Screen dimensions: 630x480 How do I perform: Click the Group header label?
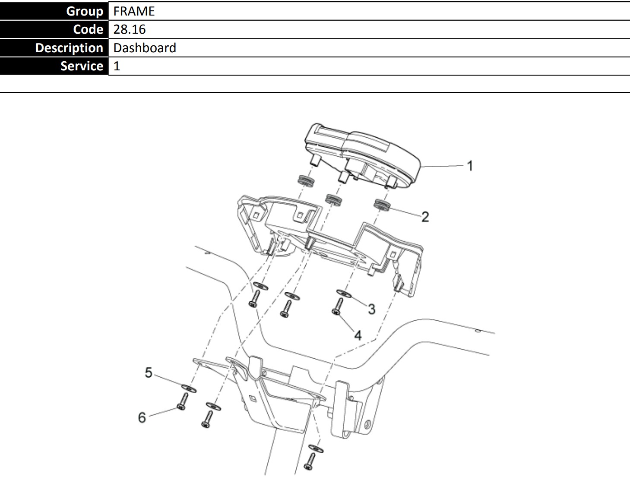(x=84, y=11)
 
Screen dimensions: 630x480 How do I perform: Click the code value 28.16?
(x=130, y=29)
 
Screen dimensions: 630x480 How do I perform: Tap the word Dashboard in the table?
(x=145, y=47)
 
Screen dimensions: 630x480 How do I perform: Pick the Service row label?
(x=82, y=66)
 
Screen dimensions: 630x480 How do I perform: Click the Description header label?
(x=69, y=47)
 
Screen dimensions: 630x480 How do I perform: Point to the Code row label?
(x=88, y=29)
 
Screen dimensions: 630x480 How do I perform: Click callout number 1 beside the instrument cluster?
(x=470, y=166)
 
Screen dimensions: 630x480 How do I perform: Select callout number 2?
(x=425, y=217)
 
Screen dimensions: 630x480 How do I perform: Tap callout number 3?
(x=372, y=309)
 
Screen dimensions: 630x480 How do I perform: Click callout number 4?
(x=358, y=335)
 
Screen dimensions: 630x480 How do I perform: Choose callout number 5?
(x=149, y=373)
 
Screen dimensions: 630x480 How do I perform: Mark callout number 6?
(x=142, y=417)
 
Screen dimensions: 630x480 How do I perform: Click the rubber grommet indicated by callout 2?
(x=382, y=205)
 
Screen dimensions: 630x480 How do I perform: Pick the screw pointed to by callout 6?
(x=183, y=402)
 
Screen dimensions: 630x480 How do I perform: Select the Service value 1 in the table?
(x=117, y=66)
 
